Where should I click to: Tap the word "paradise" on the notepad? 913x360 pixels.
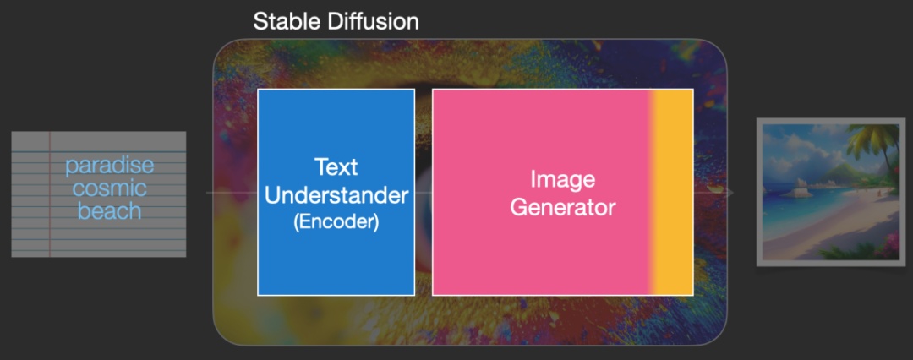click(x=109, y=166)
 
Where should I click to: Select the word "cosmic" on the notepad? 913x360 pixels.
click(x=109, y=188)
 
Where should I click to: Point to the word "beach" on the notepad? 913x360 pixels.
click(x=109, y=210)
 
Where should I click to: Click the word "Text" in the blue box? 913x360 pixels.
click(x=336, y=167)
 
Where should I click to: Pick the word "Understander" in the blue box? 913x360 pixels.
click(x=336, y=196)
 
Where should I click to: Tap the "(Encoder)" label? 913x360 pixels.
click(x=336, y=222)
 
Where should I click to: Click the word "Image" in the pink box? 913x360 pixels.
click(x=562, y=180)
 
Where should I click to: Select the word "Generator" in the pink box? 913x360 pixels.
click(x=562, y=207)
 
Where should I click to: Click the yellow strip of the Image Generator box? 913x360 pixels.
click(x=673, y=192)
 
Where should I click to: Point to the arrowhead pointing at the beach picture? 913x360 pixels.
click(x=730, y=193)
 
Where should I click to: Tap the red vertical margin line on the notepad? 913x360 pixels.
click(x=50, y=194)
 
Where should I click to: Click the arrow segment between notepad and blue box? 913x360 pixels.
click(x=232, y=192)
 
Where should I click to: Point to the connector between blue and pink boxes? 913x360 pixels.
click(x=424, y=192)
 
